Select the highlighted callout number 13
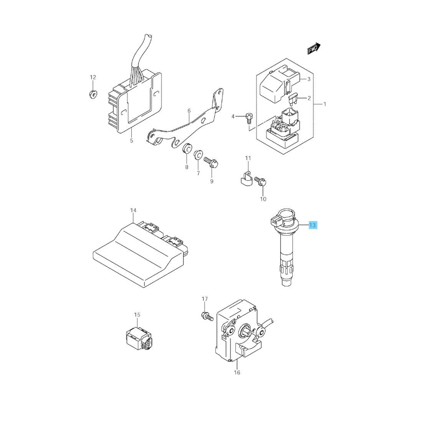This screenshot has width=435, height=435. [x=313, y=225]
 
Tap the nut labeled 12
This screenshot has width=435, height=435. [x=93, y=94]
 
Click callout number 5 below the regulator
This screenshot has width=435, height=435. [x=132, y=141]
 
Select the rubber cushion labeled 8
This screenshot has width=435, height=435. [x=187, y=149]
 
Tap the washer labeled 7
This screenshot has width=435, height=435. [x=198, y=155]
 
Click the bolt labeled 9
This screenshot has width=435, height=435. [x=211, y=162]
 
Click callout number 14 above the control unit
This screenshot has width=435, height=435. [x=134, y=210]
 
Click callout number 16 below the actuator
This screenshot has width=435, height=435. [x=237, y=372]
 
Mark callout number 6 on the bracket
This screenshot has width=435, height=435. [x=189, y=111]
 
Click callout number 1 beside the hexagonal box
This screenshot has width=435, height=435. [x=325, y=104]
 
